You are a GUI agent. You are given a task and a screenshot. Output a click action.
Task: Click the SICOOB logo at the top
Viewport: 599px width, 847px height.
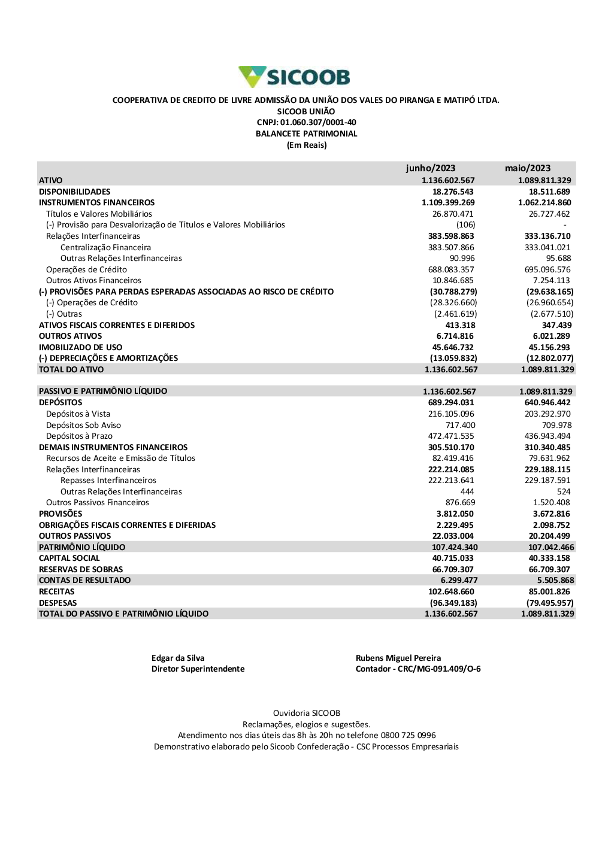(294, 77)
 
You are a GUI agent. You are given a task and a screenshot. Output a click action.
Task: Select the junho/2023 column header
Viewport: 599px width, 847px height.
(430, 168)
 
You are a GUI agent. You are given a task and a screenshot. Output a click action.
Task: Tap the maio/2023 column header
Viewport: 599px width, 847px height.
(527, 168)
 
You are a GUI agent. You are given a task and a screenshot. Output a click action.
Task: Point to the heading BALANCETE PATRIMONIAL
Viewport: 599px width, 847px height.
(306, 133)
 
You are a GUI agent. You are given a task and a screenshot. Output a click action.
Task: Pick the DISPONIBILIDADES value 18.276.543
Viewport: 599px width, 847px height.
(453, 192)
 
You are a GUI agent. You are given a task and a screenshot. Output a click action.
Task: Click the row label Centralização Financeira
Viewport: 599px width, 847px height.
(105, 247)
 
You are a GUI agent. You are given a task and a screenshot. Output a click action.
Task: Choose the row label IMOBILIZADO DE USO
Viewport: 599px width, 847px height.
(80, 347)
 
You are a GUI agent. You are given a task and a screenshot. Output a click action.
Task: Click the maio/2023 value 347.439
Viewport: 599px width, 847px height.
(556, 325)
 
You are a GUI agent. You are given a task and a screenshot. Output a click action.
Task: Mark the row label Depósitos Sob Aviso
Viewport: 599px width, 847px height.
(83, 425)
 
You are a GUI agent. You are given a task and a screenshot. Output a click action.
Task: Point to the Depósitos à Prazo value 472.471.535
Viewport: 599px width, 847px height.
(451, 436)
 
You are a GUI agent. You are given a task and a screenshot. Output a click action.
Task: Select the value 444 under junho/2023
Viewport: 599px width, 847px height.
(467, 491)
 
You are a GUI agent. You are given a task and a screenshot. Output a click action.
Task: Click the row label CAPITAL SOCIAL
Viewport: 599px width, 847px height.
(69, 558)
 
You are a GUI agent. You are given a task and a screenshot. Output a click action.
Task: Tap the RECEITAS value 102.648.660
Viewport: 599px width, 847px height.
(451, 591)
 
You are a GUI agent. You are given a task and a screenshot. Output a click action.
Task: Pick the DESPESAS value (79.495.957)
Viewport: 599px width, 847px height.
(550, 603)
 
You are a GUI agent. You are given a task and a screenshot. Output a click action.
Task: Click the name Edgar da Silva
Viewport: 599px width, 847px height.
(178, 658)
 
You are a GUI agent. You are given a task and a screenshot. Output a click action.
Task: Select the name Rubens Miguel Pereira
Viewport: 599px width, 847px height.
(398, 658)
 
